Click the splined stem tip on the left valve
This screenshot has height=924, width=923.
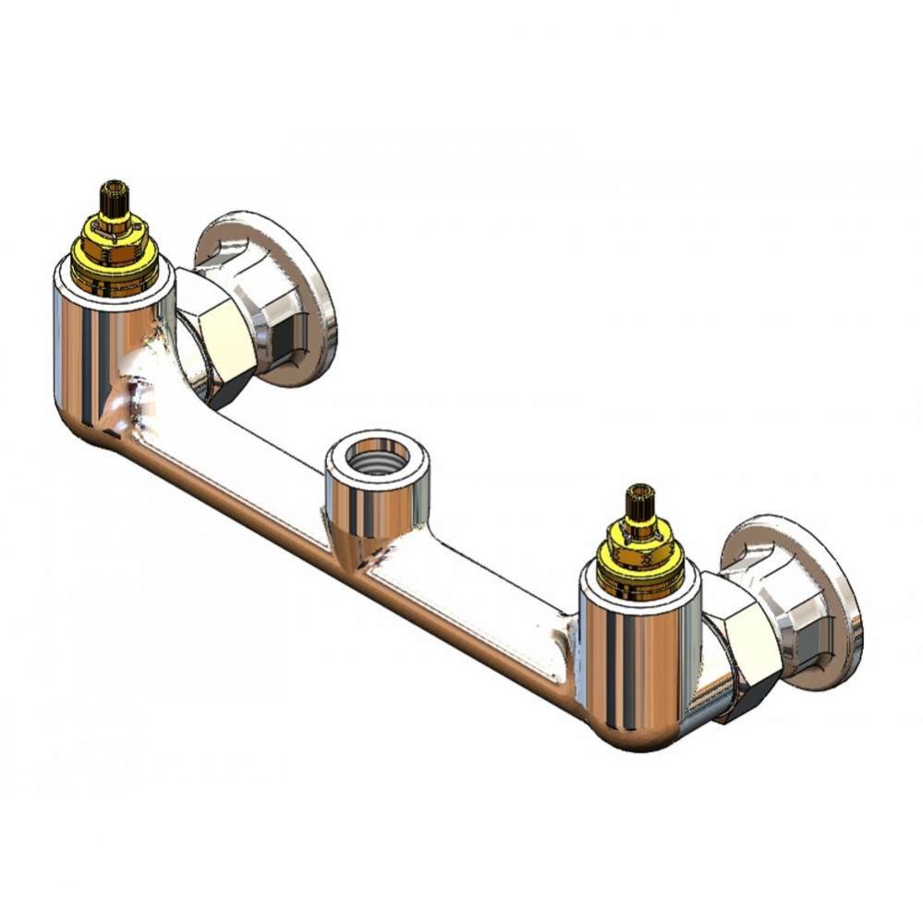click(x=115, y=195)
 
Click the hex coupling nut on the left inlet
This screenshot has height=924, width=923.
click(x=214, y=337)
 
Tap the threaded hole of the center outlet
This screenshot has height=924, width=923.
click(x=375, y=456)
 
